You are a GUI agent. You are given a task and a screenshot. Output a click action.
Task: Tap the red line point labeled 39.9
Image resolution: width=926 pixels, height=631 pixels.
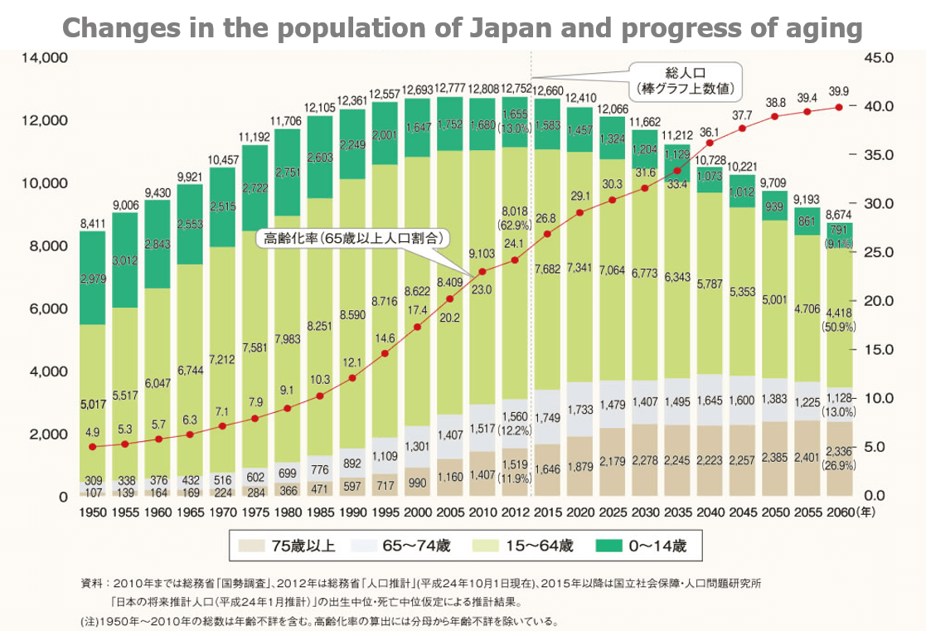839,107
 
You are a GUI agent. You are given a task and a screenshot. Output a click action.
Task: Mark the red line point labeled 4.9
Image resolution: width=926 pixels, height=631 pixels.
92,447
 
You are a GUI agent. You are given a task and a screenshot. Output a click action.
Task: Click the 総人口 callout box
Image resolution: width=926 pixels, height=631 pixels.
685,79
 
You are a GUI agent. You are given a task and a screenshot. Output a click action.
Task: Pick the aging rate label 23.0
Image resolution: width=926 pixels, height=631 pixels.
482,290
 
